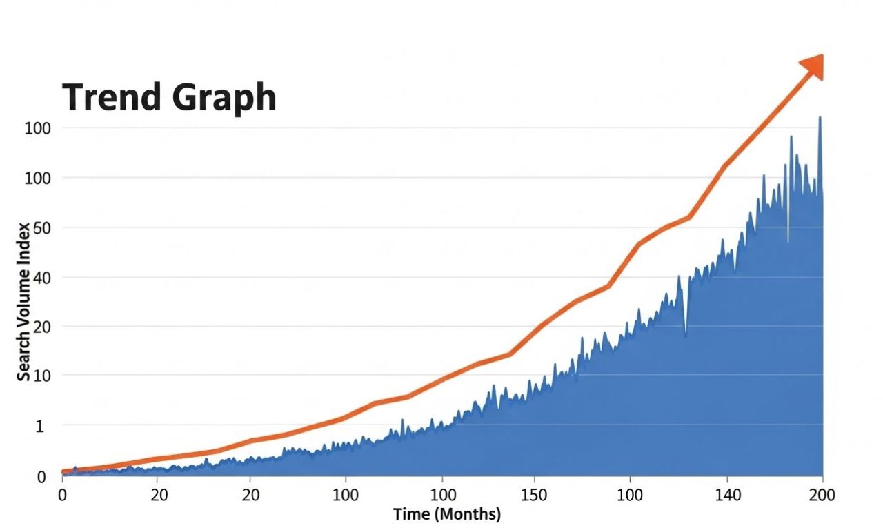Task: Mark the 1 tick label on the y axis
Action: coord(39,427)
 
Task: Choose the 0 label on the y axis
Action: coord(41,477)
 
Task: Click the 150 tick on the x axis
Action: coord(534,496)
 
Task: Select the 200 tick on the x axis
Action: coord(822,496)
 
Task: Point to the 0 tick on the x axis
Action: coord(62,496)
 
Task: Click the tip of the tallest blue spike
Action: coord(820,117)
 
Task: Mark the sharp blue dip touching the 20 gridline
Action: coord(685,335)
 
